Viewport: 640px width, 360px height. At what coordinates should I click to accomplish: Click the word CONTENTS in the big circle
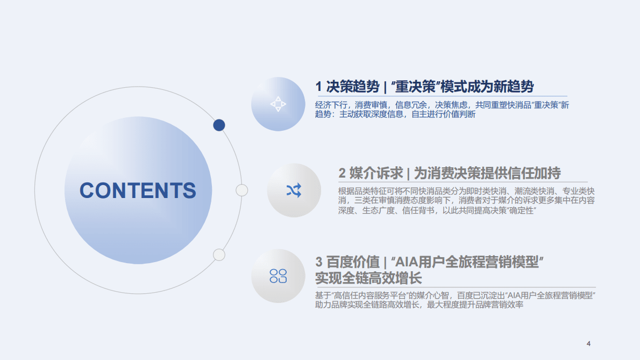click(x=138, y=190)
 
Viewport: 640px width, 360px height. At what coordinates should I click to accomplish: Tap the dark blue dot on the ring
click(x=219, y=125)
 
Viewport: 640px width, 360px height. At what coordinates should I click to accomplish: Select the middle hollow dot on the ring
click(x=242, y=190)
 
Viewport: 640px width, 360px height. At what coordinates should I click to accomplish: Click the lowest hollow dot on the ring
click(x=219, y=255)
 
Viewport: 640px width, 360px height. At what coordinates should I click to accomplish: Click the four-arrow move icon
click(x=278, y=104)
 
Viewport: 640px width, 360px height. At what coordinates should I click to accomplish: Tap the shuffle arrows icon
click(x=294, y=190)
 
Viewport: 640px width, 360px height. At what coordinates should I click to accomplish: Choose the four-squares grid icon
click(x=278, y=276)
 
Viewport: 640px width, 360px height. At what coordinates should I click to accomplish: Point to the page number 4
click(x=588, y=343)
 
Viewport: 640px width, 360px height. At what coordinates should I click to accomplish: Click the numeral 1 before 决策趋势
click(x=318, y=87)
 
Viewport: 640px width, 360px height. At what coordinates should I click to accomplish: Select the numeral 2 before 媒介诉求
click(x=342, y=173)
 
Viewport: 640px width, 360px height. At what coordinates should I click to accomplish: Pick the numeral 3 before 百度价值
click(x=319, y=263)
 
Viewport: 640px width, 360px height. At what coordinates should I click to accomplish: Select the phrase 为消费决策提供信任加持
click(x=487, y=173)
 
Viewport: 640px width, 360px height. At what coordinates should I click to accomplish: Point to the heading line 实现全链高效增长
click(x=368, y=278)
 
